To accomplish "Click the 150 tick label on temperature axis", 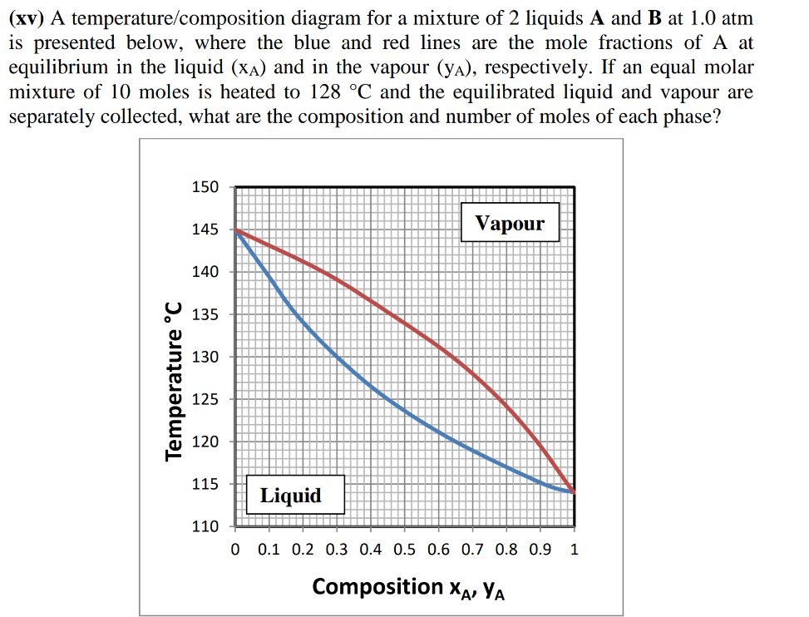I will click(x=205, y=186).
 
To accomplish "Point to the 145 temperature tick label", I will click(x=205, y=229).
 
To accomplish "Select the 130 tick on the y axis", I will click(x=205, y=357).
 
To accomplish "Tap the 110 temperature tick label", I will click(x=205, y=526).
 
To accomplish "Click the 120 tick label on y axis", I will click(x=205, y=442).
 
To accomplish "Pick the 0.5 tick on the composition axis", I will click(x=405, y=549).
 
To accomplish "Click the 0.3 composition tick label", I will click(x=337, y=549).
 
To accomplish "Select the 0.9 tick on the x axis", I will click(x=540, y=549).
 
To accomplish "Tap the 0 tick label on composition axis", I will click(x=235, y=549).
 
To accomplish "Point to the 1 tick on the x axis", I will click(x=575, y=549).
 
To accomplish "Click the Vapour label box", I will click(x=510, y=223).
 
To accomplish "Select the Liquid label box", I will click(x=290, y=496).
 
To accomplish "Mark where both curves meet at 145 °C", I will click(x=236, y=230).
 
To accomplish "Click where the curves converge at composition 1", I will click(x=574, y=492).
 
